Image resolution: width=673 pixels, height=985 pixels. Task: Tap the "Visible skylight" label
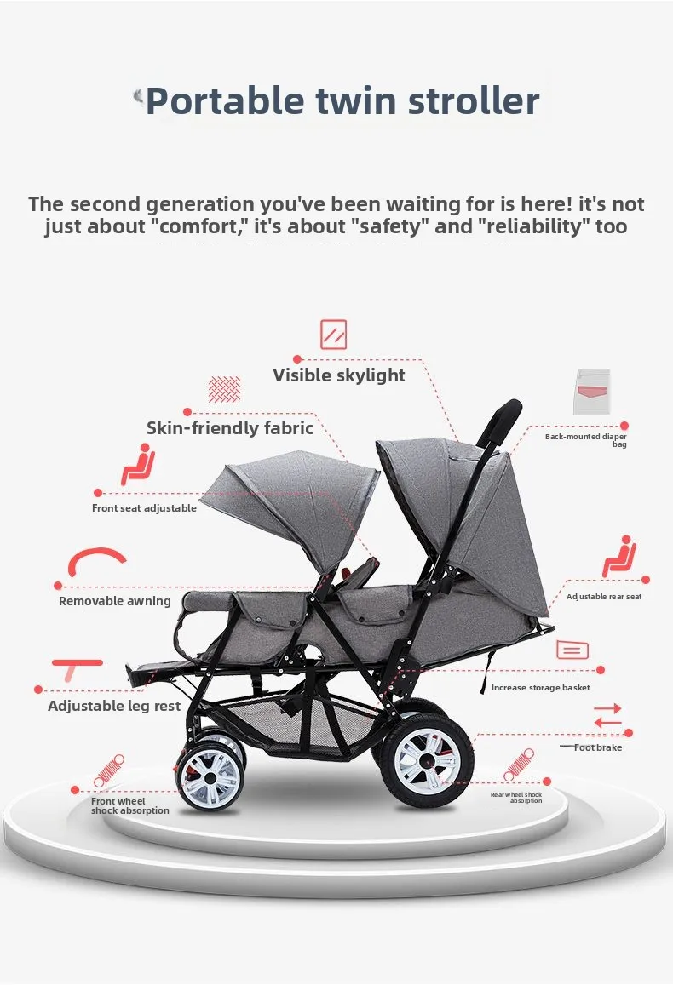pos(339,375)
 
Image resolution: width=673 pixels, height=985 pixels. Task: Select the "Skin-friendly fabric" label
pos(230,428)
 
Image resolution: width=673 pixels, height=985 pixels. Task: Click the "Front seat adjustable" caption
pos(144,508)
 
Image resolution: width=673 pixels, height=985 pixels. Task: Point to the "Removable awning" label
pos(115,601)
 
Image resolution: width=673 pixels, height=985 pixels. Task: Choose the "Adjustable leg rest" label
pos(114,706)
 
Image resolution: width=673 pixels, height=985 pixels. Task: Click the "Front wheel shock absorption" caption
pos(130,806)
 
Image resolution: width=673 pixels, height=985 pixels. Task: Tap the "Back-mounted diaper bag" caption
pos(587,440)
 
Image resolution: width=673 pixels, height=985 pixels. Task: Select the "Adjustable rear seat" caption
pos(604,597)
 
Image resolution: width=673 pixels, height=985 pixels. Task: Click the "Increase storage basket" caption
pos(541,687)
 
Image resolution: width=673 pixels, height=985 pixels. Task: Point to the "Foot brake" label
pos(598,747)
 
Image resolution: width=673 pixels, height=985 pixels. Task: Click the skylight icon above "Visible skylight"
pos(334,334)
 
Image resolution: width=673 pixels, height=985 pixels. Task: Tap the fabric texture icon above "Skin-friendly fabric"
pos(225,390)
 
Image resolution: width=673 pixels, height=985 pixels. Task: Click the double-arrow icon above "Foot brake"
pos(607,715)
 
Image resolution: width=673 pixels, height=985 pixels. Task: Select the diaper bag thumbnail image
pos(592,392)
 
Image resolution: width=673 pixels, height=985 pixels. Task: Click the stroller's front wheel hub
pos(209,776)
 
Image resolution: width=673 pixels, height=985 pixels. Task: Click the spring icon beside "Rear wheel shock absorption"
pos(518,765)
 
